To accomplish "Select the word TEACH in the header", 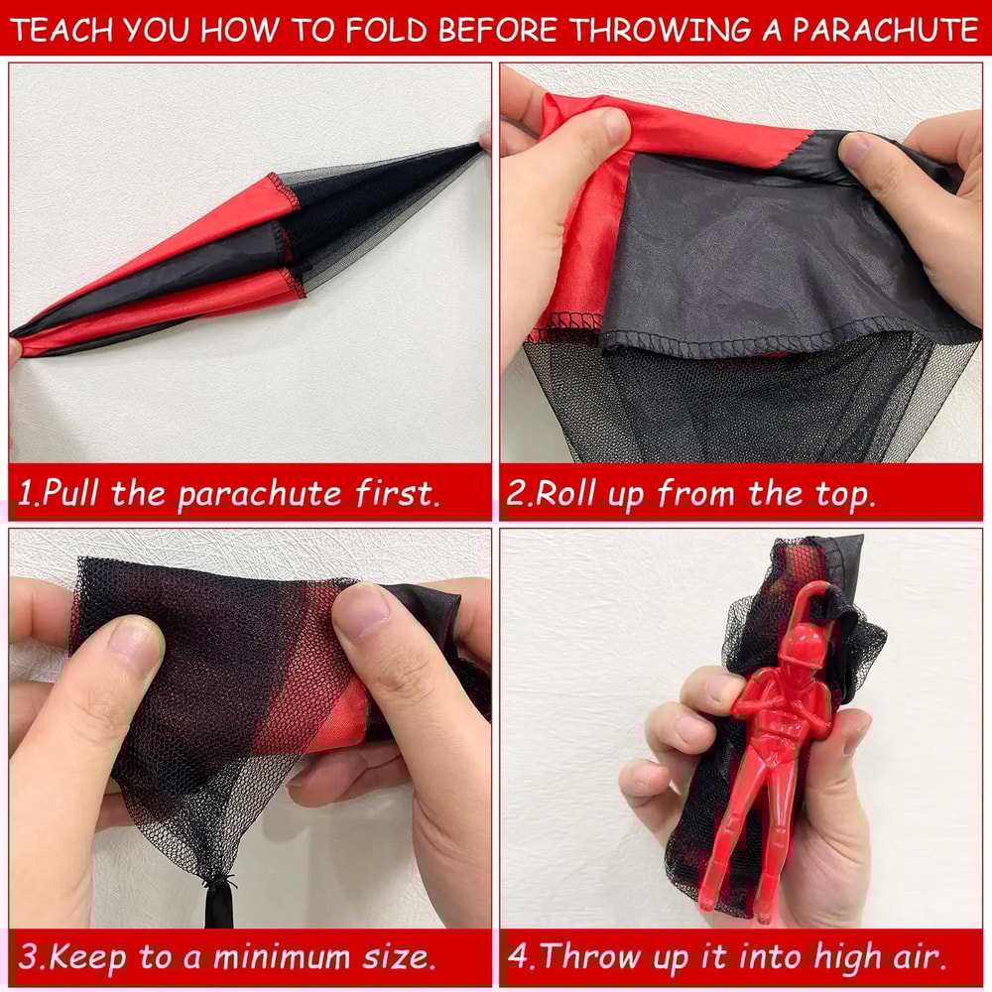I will tap(65, 30).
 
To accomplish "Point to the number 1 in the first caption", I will tap(27, 493).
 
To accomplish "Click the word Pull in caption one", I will tap(73, 493).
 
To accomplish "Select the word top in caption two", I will tap(842, 493).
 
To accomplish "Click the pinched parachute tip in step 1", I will tap(480, 145).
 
